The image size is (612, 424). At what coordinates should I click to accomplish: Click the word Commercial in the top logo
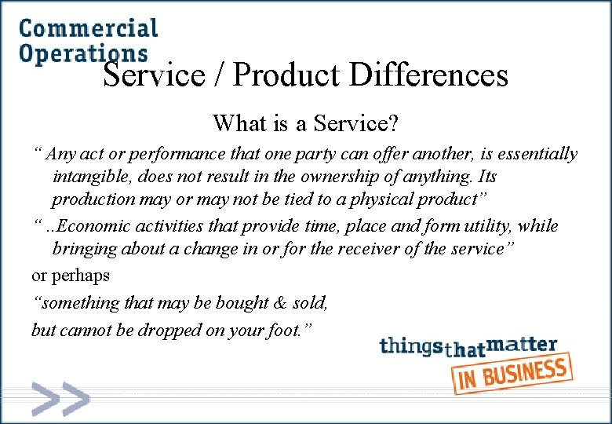click(88, 28)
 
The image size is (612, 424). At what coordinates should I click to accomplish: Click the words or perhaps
click(71, 276)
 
